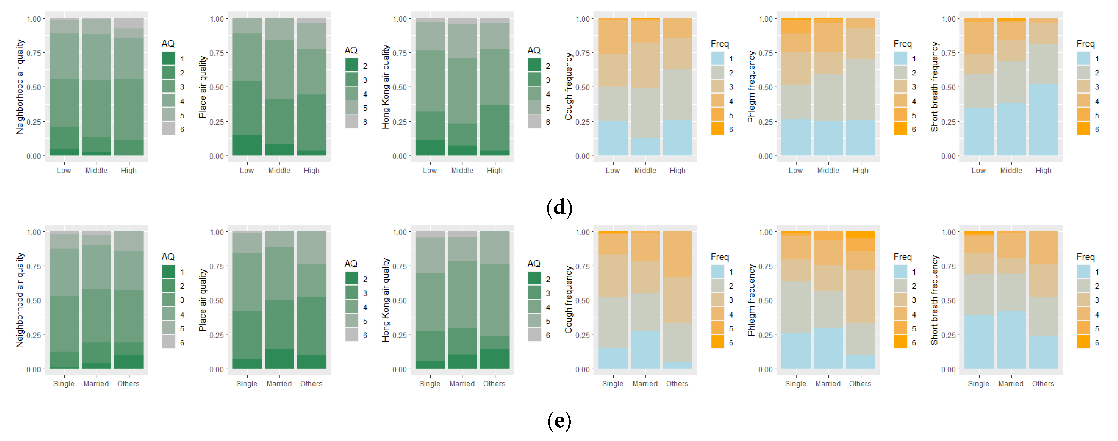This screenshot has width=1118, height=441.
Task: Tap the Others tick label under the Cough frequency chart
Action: pos(677,384)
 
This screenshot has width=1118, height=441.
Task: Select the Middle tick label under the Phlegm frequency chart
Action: pos(828,171)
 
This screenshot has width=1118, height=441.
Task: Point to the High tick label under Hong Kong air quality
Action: pos(494,171)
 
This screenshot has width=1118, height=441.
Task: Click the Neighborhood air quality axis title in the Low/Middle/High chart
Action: pos(20,87)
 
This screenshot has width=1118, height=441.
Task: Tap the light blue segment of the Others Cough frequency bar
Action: pos(677,366)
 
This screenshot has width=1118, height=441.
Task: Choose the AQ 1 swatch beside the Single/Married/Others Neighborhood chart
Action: pos(169,272)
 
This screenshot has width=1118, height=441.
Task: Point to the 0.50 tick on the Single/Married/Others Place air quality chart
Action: pos(217,300)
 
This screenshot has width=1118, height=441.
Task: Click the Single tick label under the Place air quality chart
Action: pos(247,384)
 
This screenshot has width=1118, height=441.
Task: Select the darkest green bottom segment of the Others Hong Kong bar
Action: pos(494,359)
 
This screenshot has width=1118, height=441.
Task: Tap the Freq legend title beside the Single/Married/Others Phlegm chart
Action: pos(902,257)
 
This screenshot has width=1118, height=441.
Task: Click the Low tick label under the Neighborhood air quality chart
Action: pos(64,171)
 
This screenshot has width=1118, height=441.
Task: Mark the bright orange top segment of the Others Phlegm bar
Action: pos(860,235)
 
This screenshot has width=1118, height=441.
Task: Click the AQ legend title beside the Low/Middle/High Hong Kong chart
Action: pos(534,50)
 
